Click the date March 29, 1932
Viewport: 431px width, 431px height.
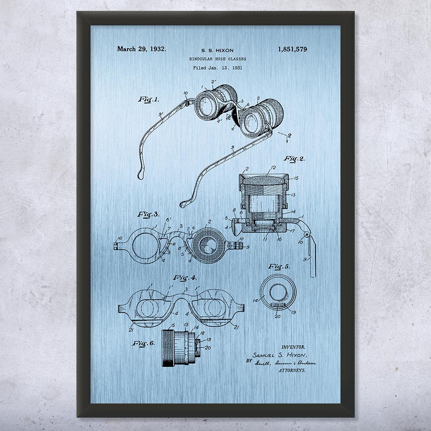point(141,49)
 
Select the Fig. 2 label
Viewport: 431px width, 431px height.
point(294,159)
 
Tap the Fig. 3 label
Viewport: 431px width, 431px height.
point(148,214)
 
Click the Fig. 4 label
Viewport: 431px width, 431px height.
point(184,278)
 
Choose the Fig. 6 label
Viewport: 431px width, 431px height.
point(144,344)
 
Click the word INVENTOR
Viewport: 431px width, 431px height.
point(293,347)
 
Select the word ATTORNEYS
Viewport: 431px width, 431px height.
point(292,370)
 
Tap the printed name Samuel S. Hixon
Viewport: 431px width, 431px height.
point(279,355)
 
